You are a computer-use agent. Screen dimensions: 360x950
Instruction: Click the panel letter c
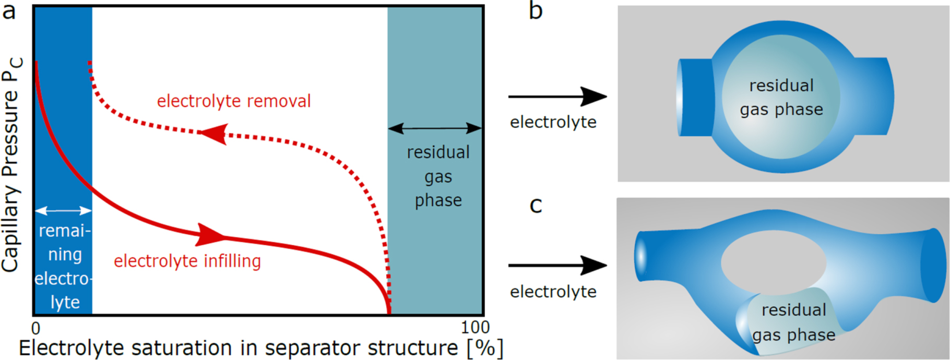[x=536, y=206]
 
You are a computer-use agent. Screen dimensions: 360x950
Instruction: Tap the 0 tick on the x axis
[x=35, y=328]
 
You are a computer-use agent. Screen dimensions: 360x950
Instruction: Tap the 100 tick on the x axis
[x=475, y=328]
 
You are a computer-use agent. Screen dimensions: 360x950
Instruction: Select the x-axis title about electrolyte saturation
[x=261, y=348]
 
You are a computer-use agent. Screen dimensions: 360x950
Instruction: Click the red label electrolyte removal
[x=234, y=101]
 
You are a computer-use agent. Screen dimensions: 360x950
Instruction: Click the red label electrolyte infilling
[x=187, y=261]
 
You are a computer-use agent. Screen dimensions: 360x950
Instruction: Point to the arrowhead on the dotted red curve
[x=214, y=134]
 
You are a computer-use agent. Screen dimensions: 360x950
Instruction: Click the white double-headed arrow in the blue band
[x=63, y=211]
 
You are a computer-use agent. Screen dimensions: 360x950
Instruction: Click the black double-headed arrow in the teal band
[x=435, y=128]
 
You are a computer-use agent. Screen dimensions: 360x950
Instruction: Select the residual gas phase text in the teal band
[x=438, y=176]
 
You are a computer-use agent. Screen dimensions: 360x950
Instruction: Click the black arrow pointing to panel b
[x=557, y=97]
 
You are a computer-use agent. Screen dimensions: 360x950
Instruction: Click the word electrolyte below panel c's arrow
[x=553, y=292]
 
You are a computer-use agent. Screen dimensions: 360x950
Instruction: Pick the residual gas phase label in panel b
[x=781, y=98]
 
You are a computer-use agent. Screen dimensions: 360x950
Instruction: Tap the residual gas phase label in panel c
[x=794, y=322]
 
